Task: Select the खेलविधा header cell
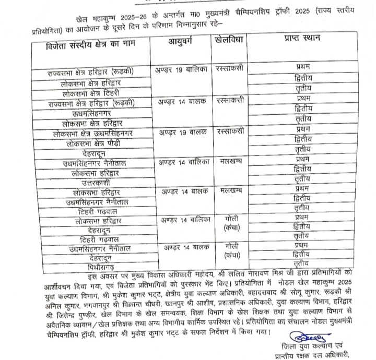coord(233,40)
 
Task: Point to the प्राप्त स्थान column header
coord(302,40)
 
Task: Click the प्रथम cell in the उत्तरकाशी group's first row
coord(302,159)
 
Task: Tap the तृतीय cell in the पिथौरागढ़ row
coord(302,263)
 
